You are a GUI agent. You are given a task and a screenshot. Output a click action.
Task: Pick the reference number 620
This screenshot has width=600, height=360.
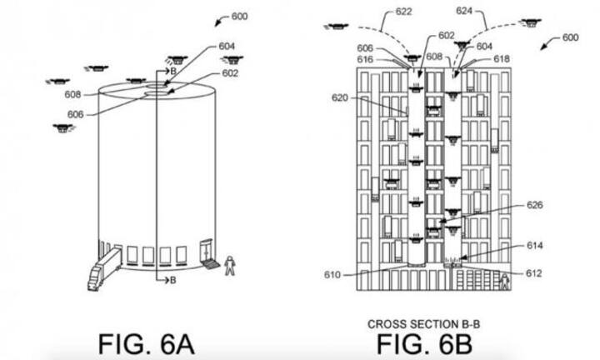337,98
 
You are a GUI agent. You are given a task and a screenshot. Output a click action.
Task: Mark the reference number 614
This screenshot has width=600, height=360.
535,246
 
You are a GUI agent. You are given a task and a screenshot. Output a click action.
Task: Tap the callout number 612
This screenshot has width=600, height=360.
535,273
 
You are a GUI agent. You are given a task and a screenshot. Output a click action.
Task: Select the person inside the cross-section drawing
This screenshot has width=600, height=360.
504,283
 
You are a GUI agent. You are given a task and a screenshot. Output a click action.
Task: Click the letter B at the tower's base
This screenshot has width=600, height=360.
172,280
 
